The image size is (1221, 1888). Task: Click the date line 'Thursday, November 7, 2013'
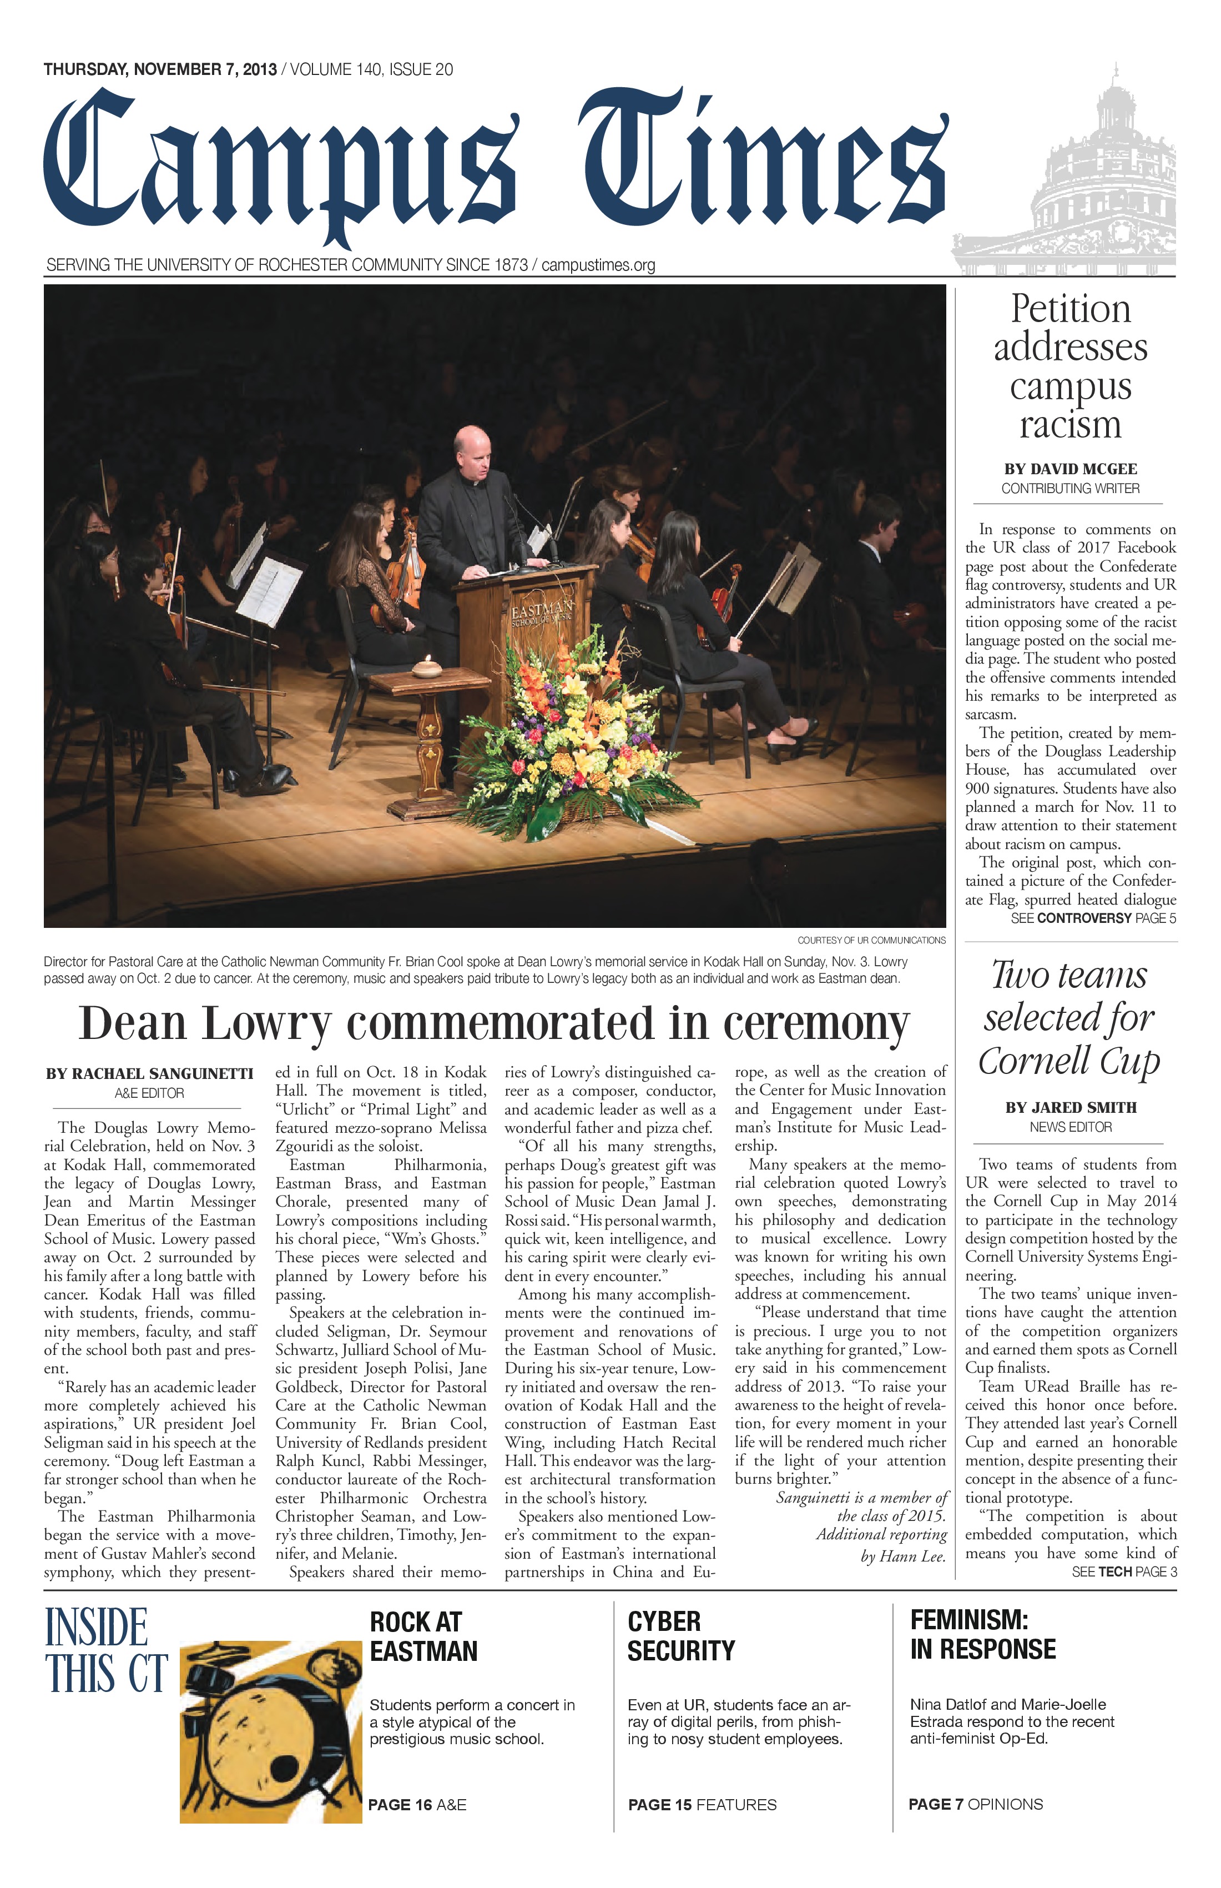(x=160, y=70)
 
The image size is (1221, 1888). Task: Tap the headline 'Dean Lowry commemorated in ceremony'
(x=493, y=1023)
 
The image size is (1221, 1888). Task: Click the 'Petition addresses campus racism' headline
(x=1071, y=366)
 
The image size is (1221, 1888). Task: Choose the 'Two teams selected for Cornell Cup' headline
(x=1069, y=1018)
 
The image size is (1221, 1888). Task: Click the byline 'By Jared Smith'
(x=1071, y=1107)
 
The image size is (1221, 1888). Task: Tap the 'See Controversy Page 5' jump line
(x=1093, y=918)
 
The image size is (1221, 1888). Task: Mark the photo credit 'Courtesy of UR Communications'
(x=871, y=940)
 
